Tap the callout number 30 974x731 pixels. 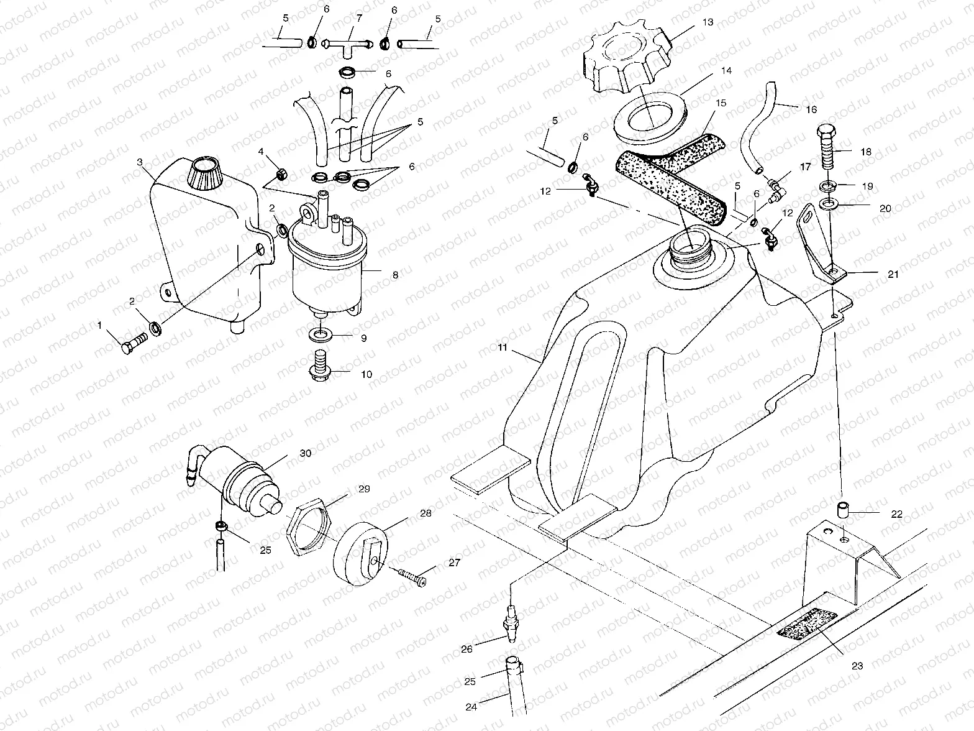305,454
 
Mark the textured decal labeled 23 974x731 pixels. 805,623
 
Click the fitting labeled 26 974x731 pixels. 512,622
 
